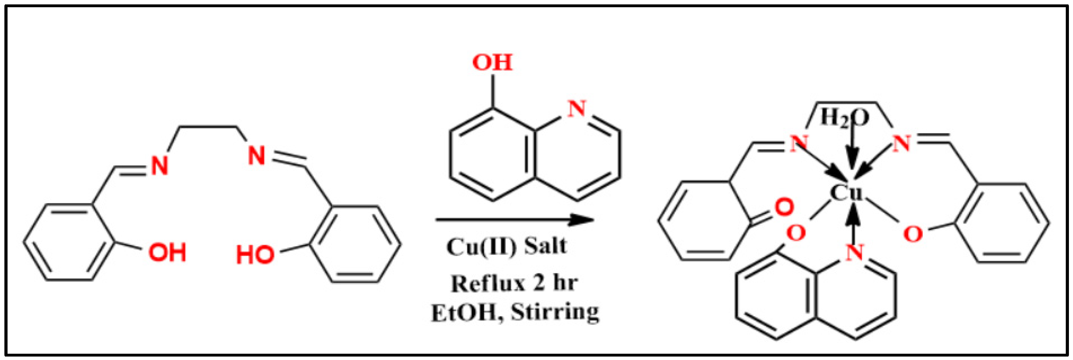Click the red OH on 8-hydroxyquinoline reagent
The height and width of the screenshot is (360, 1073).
click(x=492, y=63)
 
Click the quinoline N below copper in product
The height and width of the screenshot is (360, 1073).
click(x=854, y=253)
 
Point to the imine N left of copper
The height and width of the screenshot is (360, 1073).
click(x=798, y=144)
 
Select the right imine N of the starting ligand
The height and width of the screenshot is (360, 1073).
click(x=256, y=156)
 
